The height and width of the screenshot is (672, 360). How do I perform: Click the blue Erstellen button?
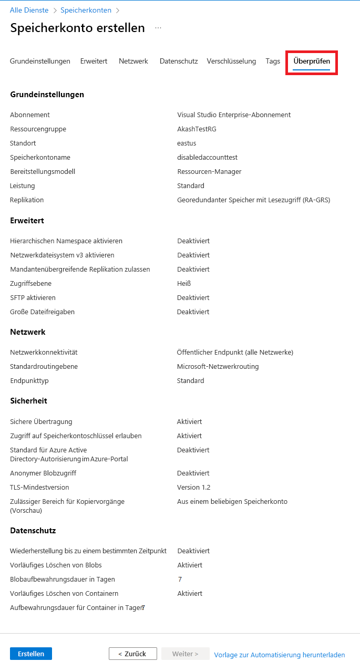click(31, 654)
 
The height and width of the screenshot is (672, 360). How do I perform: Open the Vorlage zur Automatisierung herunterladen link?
click(280, 655)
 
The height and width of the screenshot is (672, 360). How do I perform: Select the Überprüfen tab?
click(312, 61)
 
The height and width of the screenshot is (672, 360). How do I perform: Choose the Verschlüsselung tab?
click(231, 61)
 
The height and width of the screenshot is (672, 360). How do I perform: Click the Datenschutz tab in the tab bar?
click(179, 61)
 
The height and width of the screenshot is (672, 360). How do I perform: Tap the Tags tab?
click(273, 61)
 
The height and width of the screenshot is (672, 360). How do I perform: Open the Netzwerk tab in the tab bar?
click(133, 61)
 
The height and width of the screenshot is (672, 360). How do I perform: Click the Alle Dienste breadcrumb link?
click(29, 11)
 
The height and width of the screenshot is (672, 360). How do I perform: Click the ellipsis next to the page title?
click(158, 28)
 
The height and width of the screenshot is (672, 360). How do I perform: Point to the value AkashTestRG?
click(197, 129)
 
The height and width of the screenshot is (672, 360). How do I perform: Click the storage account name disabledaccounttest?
click(207, 158)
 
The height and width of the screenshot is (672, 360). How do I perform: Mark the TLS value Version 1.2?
click(193, 488)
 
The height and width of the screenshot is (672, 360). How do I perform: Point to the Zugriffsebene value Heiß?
click(184, 284)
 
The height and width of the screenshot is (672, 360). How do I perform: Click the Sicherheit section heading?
click(29, 401)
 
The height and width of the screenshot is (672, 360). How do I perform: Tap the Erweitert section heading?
click(27, 221)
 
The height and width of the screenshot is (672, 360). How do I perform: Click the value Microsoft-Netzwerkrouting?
click(218, 367)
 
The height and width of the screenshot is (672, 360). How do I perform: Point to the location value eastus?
click(187, 143)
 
